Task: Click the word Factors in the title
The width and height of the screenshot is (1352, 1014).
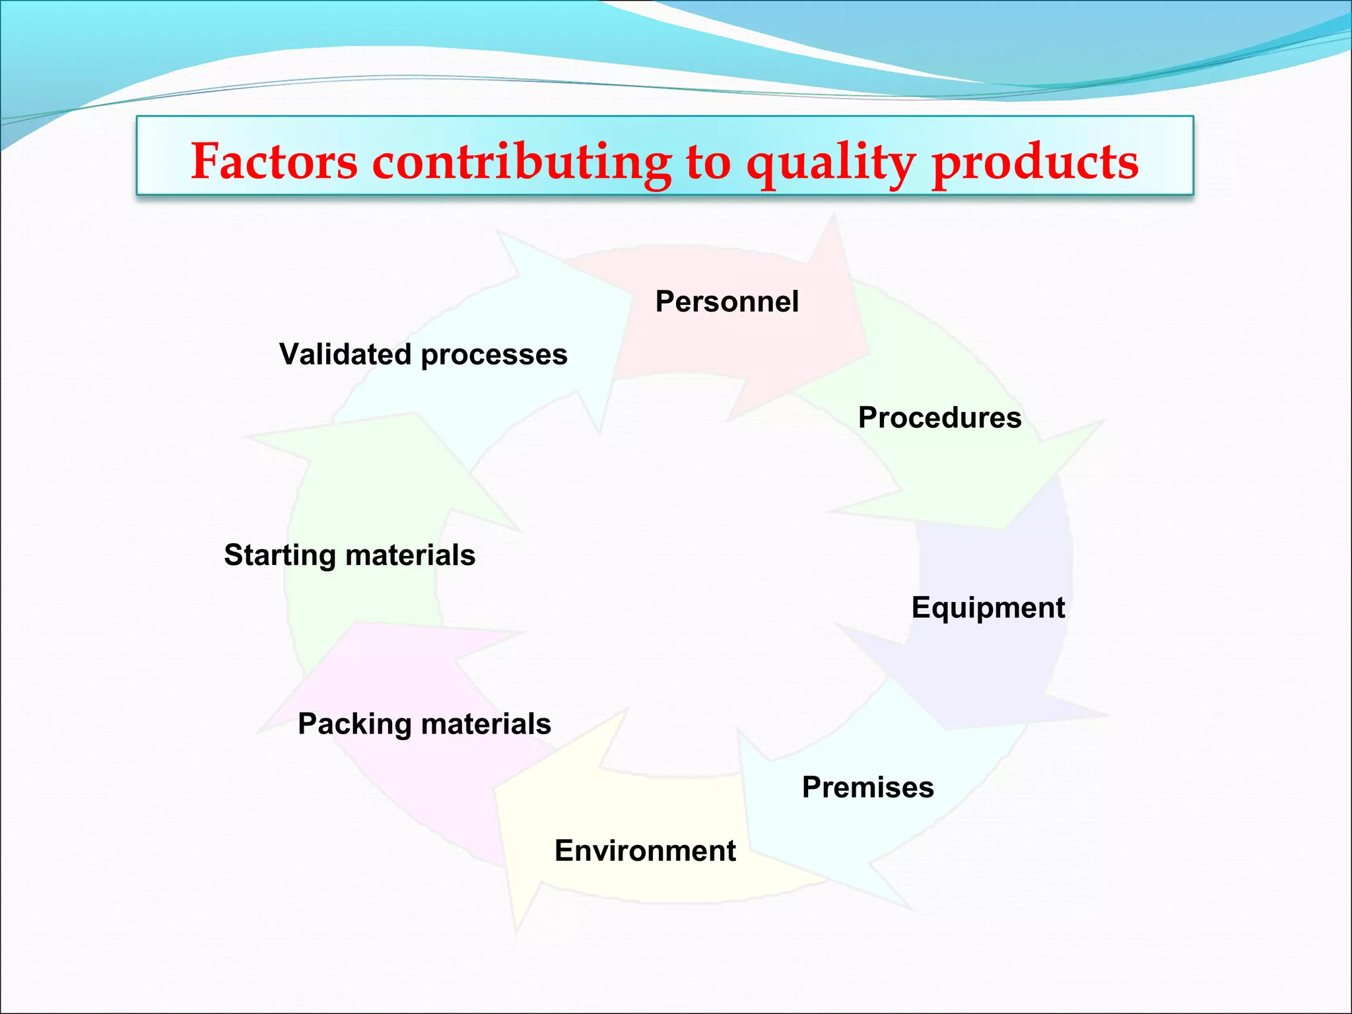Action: (274, 162)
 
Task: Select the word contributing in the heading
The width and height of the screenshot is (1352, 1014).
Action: (522, 162)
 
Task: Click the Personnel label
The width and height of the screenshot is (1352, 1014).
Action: (727, 302)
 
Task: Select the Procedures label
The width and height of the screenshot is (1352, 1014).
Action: (939, 418)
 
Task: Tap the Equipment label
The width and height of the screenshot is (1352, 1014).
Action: (988, 608)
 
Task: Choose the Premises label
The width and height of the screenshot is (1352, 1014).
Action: (867, 788)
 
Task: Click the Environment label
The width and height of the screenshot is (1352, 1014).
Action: (645, 851)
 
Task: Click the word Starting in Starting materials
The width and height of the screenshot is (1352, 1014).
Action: (279, 555)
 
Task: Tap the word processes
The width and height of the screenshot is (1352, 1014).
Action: (494, 355)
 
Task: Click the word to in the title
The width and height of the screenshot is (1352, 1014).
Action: (708, 162)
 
